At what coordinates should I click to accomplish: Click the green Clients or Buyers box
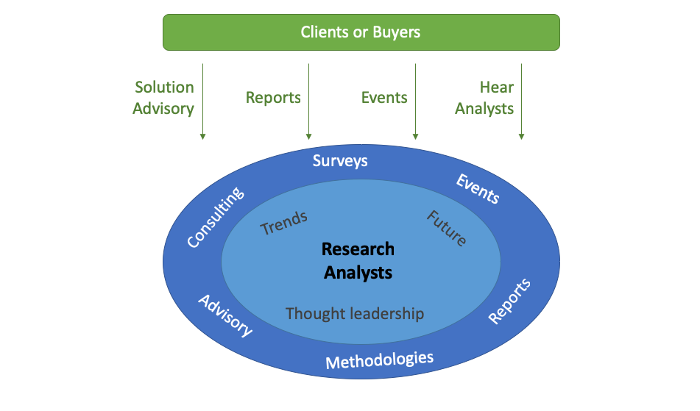tap(361, 32)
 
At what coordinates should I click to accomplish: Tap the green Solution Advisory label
tap(164, 98)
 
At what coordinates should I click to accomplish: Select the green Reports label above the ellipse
tap(273, 98)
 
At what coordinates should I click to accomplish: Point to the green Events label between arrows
tap(384, 98)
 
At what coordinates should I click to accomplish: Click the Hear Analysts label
tap(484, 98)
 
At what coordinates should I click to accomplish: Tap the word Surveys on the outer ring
tap(339, 160)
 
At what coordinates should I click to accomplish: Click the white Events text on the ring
tap(478, 189)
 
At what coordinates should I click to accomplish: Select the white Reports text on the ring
tap(509, 301)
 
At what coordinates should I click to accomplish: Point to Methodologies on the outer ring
tap(379, 360)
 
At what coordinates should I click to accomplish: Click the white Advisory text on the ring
tap(225, 315)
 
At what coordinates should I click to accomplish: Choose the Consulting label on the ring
tap(214, 217)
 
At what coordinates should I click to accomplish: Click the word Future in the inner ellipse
tap(446, 228)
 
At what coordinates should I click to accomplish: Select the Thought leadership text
tap(355, 314)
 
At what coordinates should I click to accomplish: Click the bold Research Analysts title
tap(358, 261)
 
